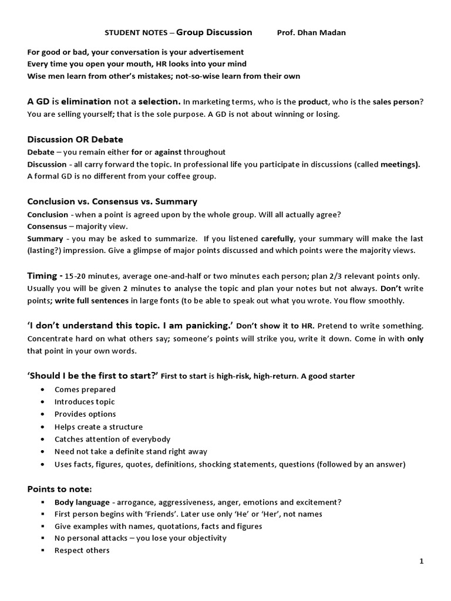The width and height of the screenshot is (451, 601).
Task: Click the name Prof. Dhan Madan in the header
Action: [311, 33]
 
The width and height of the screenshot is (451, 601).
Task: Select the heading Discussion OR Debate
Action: [75, 140]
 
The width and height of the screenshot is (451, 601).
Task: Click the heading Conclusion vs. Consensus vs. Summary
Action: [112, 201]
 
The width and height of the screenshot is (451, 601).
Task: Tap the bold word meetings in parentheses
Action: [400, 165]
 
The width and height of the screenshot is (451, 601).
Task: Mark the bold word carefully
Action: [278, 239]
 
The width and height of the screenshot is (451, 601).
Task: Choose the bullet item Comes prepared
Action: [85, 389]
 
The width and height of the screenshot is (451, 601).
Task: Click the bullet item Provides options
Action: [85, 414]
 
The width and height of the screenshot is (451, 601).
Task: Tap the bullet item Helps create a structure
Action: [99, 427]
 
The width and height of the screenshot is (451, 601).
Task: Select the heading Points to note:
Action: [60, 489]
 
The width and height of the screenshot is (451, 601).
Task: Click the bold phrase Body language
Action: [82, 502]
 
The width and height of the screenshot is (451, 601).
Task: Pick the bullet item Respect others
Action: [82, 551]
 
